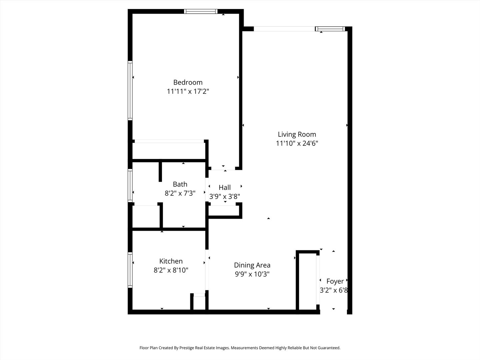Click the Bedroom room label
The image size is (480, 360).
tap(188, 82)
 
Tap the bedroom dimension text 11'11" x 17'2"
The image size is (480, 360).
tap(188, 91)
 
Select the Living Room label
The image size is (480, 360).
tap(297, 134)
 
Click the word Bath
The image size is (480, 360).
tap(180, 184)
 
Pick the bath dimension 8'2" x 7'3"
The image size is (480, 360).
tap(180, 193)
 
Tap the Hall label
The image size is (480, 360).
tap(225, 187)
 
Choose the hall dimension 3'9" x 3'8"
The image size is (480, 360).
tap(225, 196)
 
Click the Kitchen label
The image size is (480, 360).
tap(171, 261)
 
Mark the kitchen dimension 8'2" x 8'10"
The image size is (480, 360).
tap(171, 270)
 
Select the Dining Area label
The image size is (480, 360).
tap(252, 265)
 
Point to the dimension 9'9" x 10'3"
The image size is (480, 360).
tap(252, 274)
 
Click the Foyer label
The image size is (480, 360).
tap(335, 281)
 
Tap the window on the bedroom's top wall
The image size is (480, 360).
tap(201, 11)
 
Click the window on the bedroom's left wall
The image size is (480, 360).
tap(130, 90)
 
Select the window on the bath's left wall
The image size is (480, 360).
tap(130, 186)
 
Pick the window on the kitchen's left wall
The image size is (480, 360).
tap(130, 270)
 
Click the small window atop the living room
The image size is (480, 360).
tap(330, 29)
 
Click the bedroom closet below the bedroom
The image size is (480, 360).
tap(169, 151)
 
